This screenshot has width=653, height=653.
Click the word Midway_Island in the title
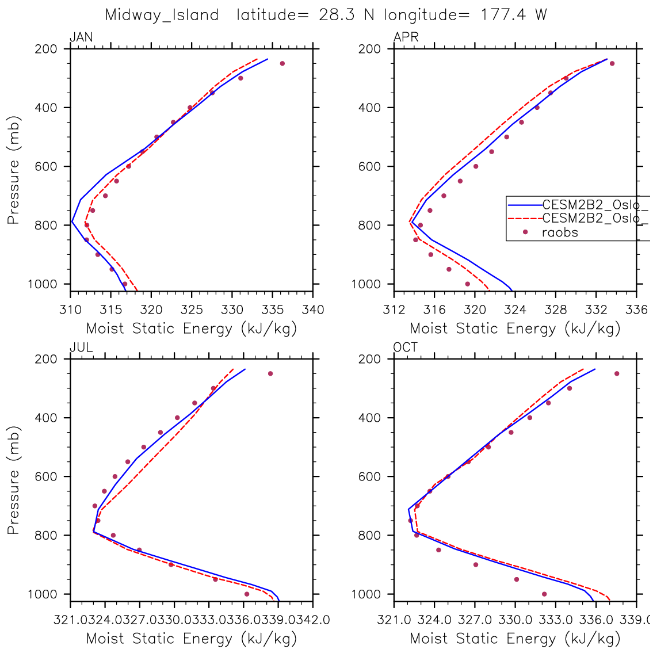162,15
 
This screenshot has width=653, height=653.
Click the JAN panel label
81,38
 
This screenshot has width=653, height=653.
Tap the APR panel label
406,38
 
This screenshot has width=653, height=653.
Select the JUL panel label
81,347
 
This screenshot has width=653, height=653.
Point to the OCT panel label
406,347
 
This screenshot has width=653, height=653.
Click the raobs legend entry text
560,233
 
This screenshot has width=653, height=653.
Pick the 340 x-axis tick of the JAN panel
313,310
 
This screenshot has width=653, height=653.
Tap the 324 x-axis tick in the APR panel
515,310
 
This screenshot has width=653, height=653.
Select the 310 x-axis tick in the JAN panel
70,310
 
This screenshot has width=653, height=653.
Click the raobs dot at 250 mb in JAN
282,63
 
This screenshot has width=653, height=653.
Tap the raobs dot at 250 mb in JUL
270,373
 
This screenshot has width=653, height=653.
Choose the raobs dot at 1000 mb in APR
467,284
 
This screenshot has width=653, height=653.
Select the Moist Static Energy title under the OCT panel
515,639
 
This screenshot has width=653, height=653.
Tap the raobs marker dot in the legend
525,232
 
